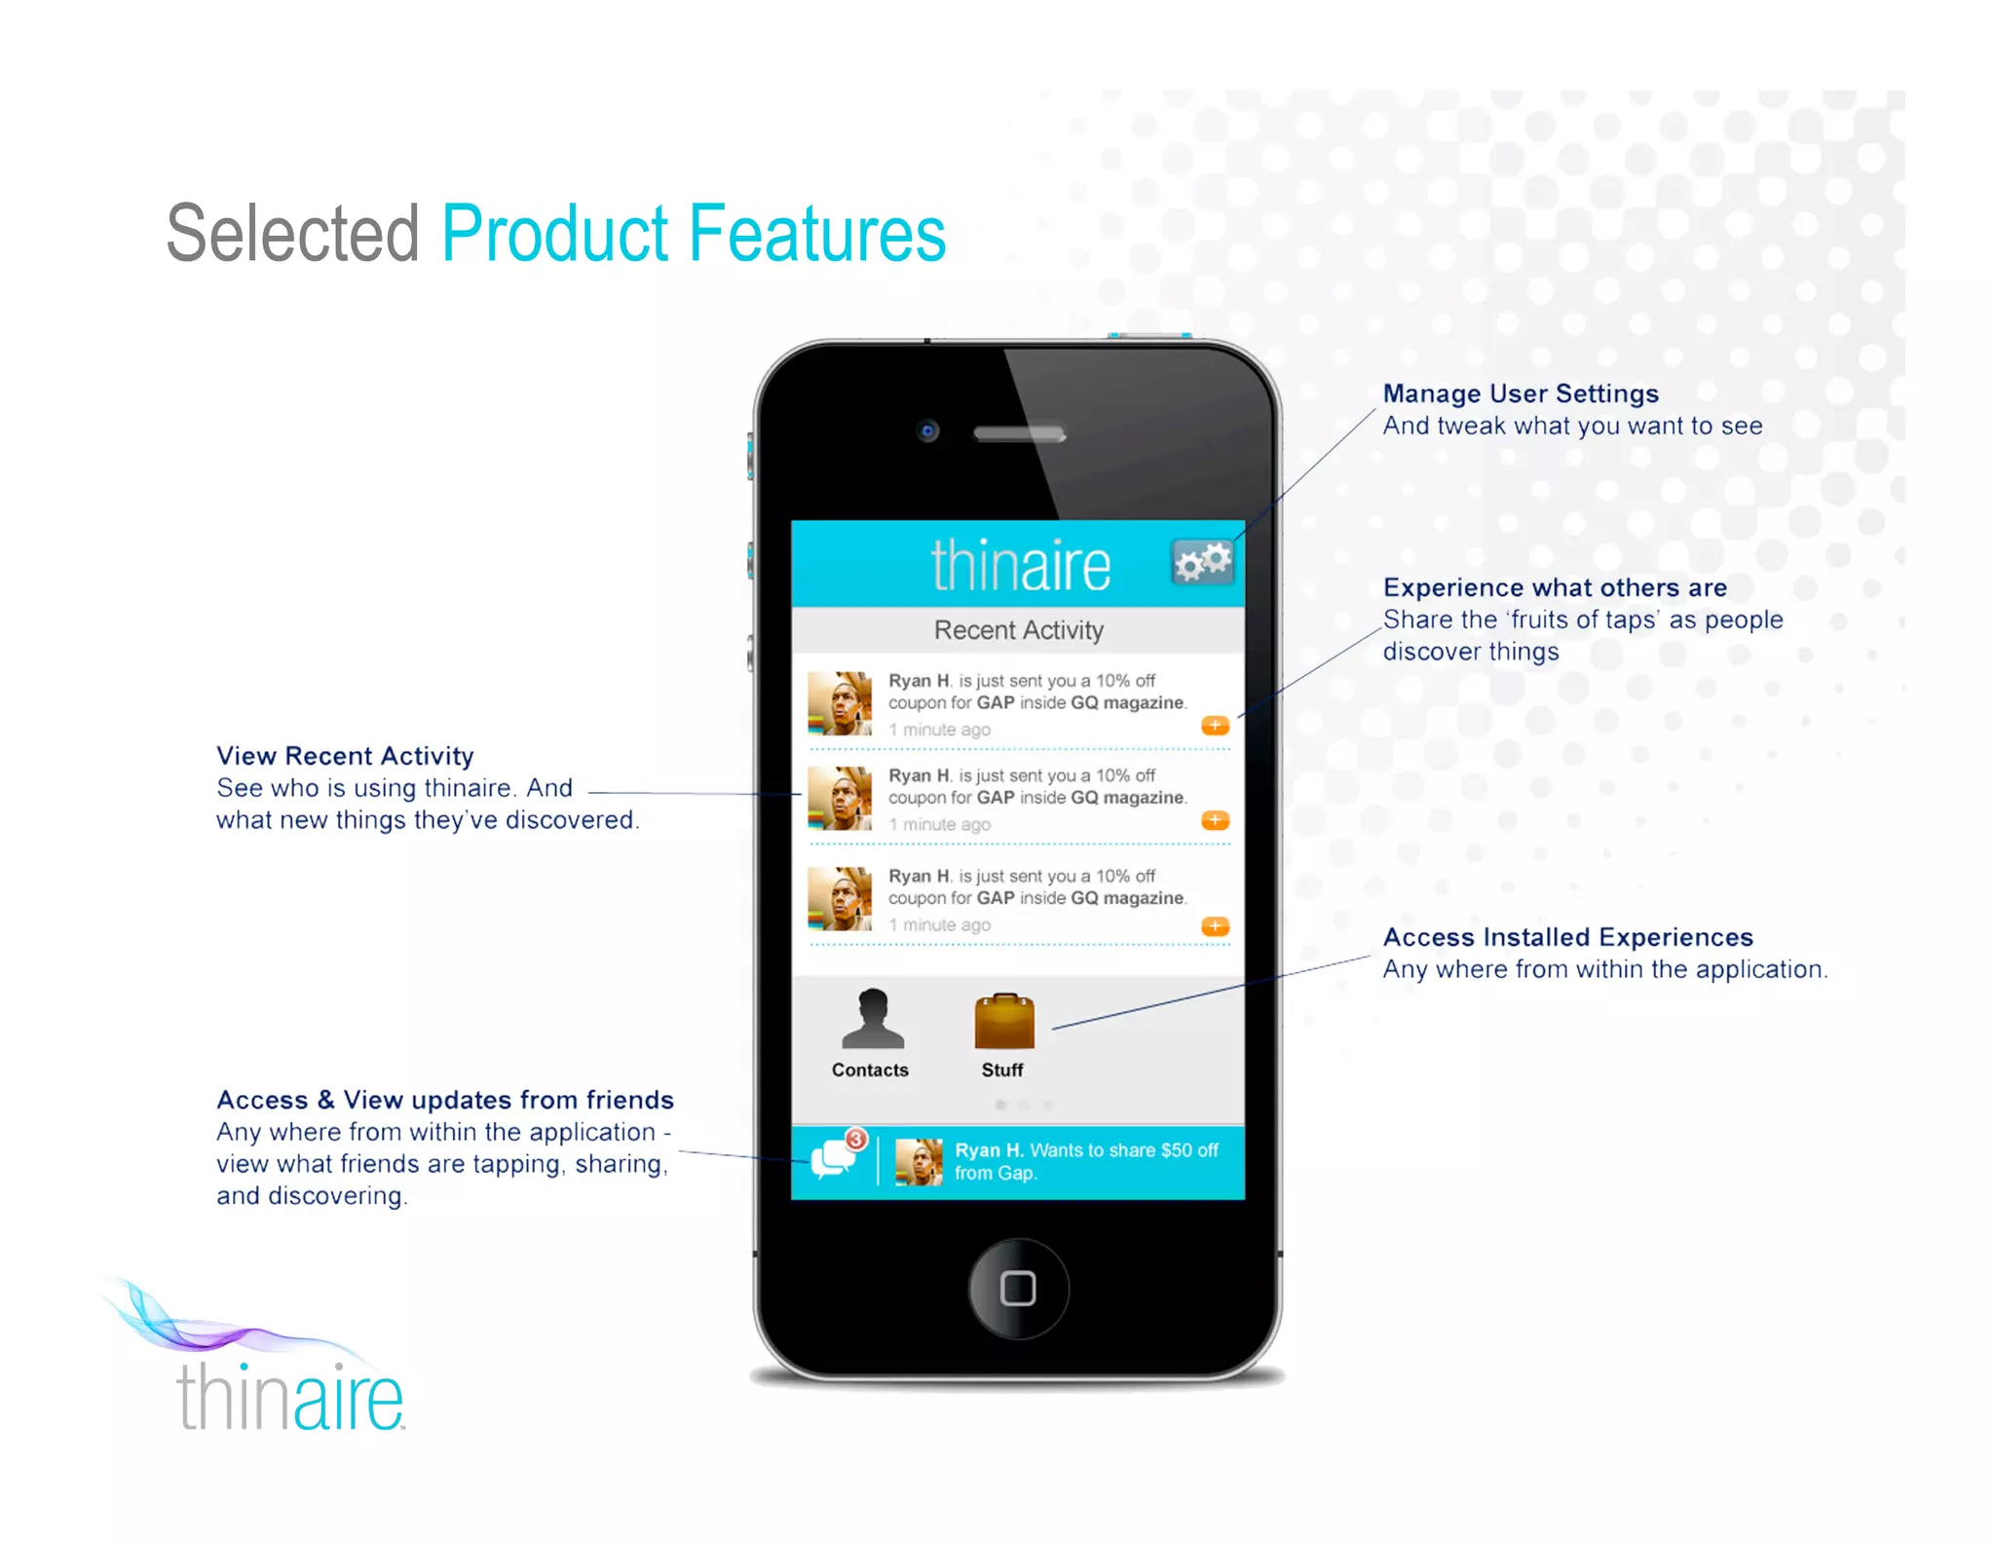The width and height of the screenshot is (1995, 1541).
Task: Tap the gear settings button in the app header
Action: [x=1202, y=562]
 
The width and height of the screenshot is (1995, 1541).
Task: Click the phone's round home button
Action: [x=1018, y=1288]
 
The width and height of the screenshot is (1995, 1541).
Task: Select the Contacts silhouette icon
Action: [x=872, y=1019]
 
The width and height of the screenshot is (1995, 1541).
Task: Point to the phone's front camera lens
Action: [x=927, y=431]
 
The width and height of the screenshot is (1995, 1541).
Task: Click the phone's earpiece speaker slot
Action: [x=1020, y=432]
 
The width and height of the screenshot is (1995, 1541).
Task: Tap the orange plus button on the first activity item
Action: [x=1215, y=726]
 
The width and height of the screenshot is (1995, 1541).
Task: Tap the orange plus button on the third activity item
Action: [x=1215, y=925]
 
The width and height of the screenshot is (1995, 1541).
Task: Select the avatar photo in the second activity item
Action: [x=840, y=798]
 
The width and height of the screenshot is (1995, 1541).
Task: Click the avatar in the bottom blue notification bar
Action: [x=919, y=1162]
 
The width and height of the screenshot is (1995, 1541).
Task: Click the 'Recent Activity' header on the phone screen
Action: [x=1018, y=630]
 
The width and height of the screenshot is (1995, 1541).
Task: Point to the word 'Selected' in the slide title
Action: [x=292, y=234]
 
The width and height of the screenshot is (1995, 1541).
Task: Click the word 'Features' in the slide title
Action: [x=816, y=234]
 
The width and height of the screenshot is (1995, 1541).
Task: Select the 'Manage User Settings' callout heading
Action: [x=1520, y=394]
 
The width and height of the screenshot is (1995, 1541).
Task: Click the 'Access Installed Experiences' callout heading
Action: [x=1567, y=937]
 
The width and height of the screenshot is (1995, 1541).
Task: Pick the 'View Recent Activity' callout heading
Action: [x=345, y=756]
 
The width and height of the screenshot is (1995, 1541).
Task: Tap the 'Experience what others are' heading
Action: [x=1555, y=587]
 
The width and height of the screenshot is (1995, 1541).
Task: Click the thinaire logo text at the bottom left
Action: [x=289, y=1397]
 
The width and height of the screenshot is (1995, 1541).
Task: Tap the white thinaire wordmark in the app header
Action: [x=1020, y=565]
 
